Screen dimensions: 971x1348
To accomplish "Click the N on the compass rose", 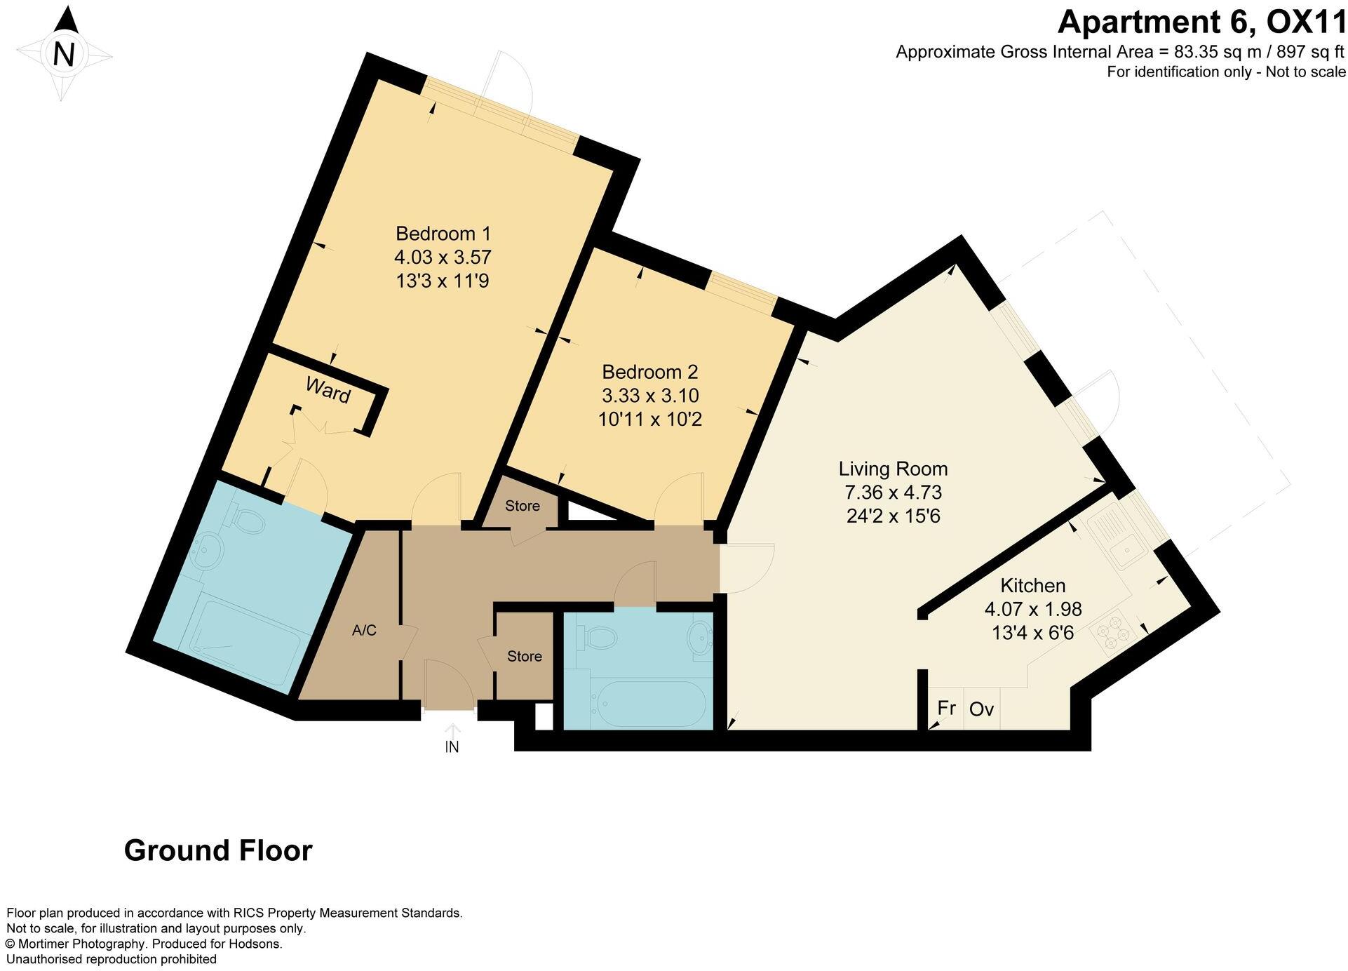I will click(x=64, y=54).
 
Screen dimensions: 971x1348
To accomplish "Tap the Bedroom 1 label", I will click(x=443, y=233).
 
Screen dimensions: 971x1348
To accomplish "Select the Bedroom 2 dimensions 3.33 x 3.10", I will click(x=650, y=396).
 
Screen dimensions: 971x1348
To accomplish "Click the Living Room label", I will click(x=893, y=469).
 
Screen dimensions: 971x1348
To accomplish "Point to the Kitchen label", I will click(x=1032, y=585).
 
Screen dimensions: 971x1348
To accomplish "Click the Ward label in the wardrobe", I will click(x=328, y=390).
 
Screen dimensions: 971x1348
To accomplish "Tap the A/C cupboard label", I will click(x=364, y=631).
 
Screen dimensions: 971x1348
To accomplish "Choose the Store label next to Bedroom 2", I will click(x=523, y=506).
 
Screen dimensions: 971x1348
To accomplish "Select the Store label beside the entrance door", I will click(x=525, y=656).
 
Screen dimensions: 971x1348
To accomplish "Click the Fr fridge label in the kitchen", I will click(x=946, y=708).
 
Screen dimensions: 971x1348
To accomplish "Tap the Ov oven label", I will click(x=981, y=709).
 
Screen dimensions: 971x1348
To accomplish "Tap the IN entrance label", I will click(x=452, y=747).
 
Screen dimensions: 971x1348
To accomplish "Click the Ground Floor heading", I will click(x=218, y=850).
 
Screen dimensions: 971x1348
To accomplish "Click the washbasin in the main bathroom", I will click(x=699, y=637).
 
